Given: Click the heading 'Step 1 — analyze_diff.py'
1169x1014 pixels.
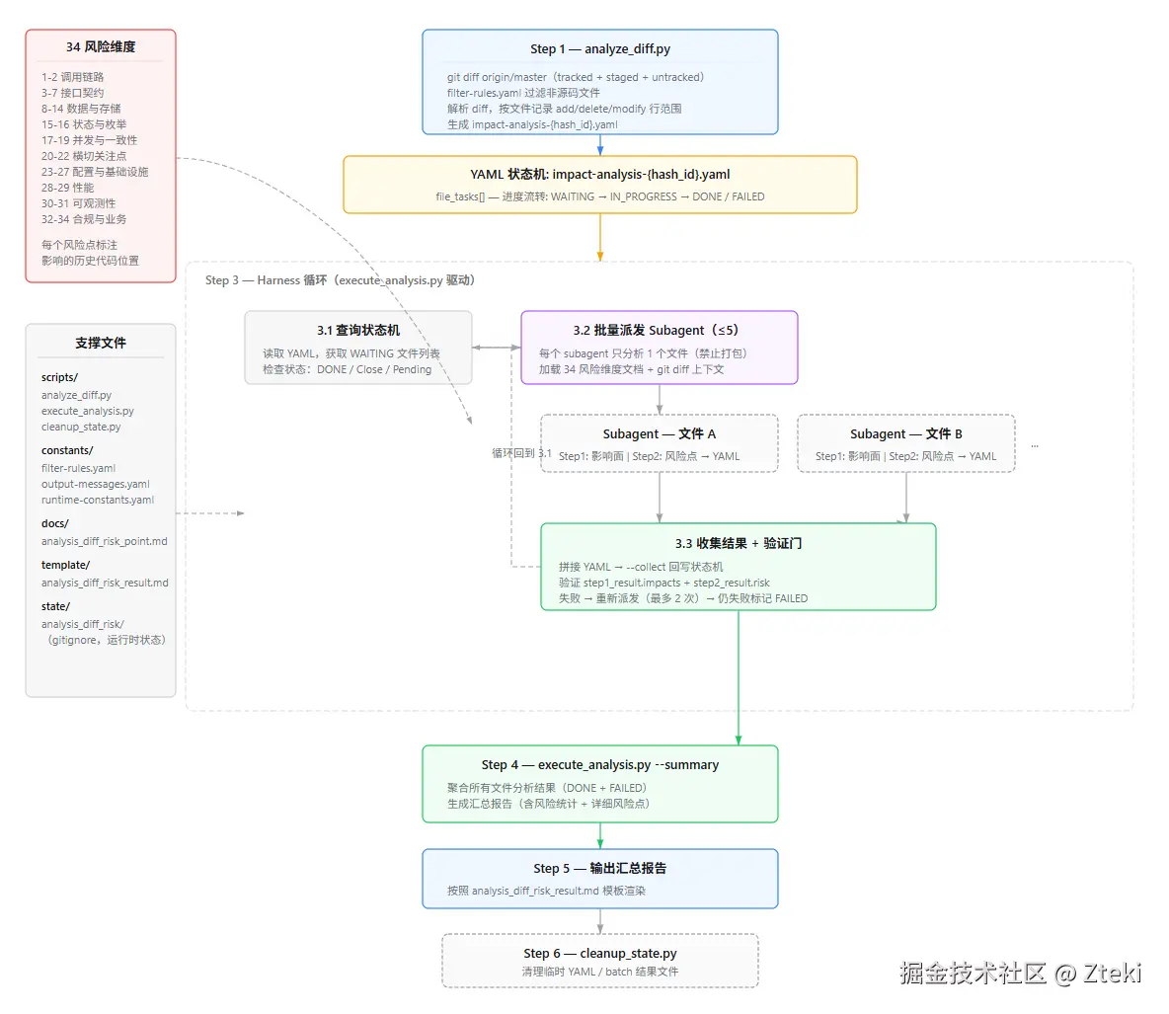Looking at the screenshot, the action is point(600,49).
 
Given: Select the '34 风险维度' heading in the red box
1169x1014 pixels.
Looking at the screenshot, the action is point(101,47).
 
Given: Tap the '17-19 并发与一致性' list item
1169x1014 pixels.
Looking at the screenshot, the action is point(90,140).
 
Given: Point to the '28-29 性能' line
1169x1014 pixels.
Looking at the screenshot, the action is point(68,188).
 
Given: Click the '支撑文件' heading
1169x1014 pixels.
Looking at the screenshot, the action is point(101,343).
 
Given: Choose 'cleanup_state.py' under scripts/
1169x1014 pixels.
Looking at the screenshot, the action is point(81,428).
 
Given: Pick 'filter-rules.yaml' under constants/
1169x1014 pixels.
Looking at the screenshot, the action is point(78,468).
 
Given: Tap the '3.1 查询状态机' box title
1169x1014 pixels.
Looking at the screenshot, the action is point(357,331).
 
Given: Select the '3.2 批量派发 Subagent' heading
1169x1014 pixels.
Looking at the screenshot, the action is point(656,331).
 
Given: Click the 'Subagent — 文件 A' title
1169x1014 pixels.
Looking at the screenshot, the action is point(660,433).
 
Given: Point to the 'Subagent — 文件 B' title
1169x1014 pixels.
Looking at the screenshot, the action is point(905,433).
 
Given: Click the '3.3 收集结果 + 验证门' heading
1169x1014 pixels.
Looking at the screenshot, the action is point(739,544).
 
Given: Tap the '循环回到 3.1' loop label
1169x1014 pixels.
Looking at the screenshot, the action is point(522,453).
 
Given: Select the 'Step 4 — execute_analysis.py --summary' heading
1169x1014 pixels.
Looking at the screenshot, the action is point(600,765).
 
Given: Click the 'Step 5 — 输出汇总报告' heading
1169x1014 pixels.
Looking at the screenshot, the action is point(600,869).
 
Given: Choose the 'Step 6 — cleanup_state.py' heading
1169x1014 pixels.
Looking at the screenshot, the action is point(600,954).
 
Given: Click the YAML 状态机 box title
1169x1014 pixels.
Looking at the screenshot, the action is point(600,175).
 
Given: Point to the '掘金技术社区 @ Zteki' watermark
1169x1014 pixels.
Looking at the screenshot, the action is point(1021,973).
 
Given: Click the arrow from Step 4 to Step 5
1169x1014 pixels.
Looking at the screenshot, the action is point(600,836).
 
